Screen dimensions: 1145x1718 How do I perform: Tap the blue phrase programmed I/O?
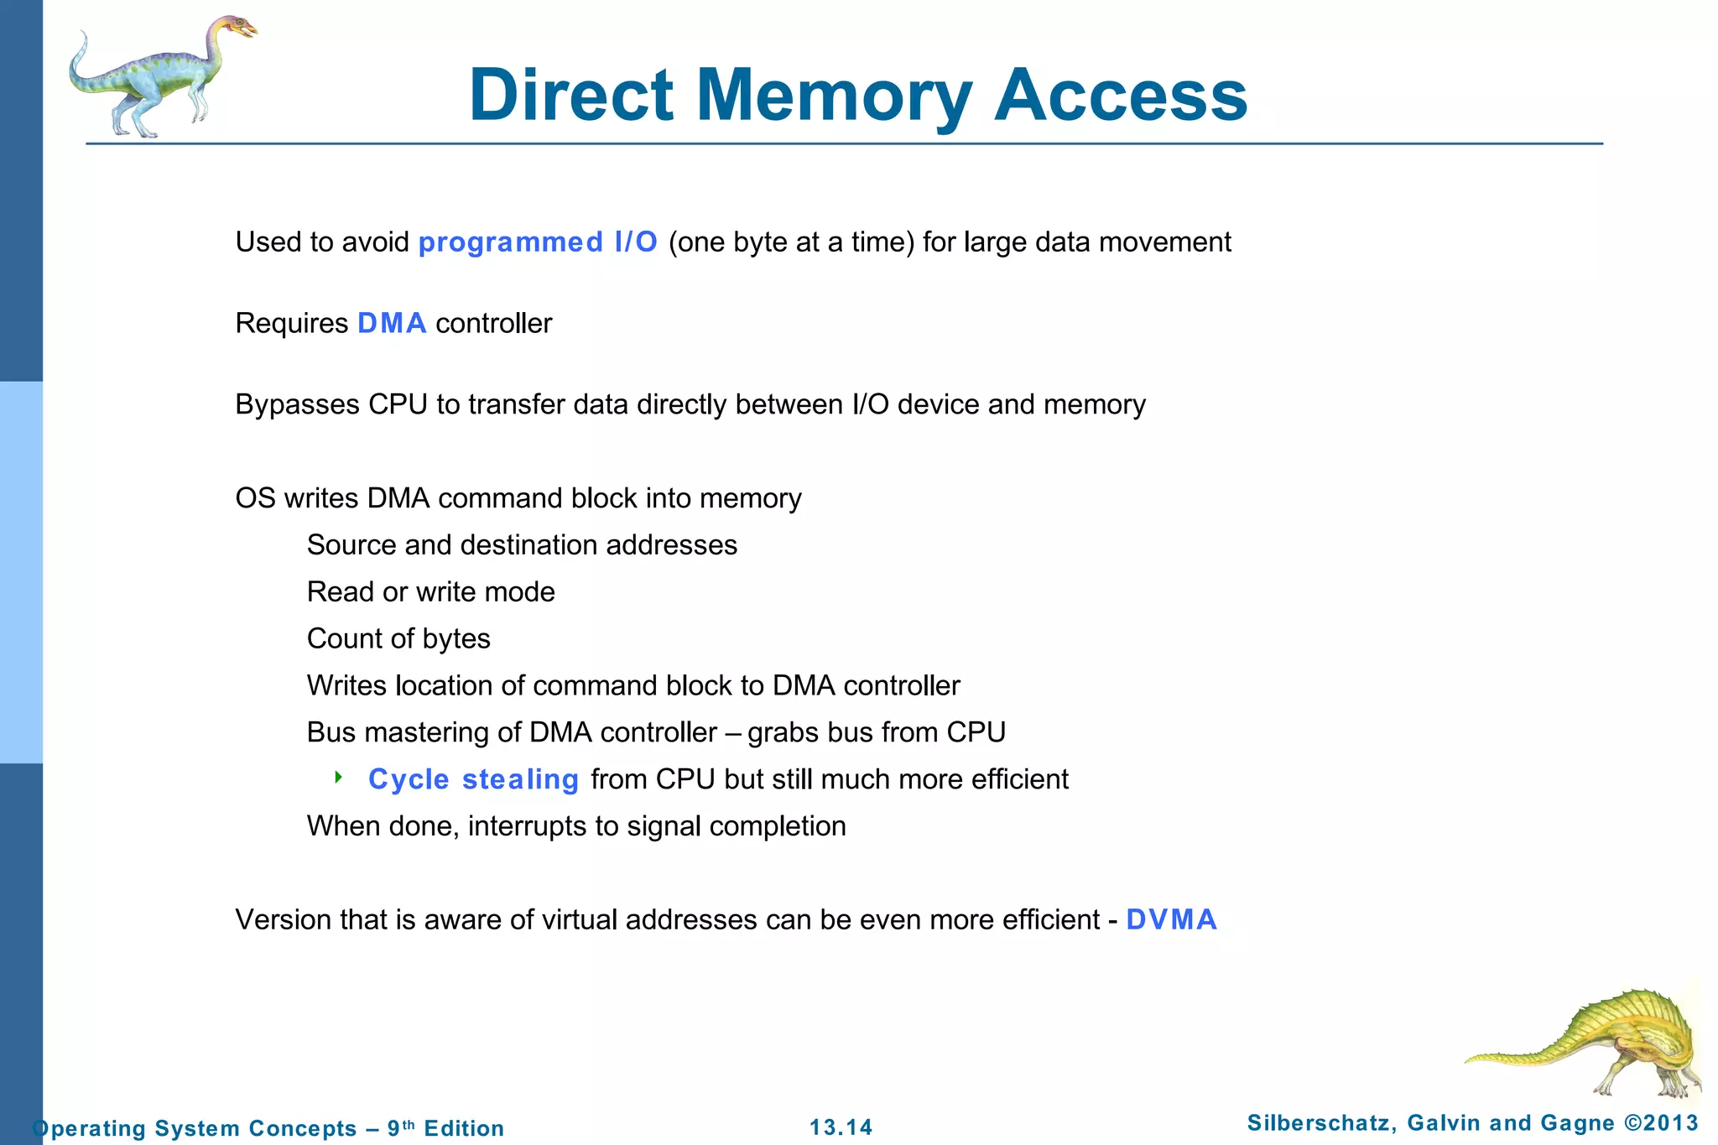(x=538, y=242)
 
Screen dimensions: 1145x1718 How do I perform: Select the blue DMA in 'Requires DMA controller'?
(x=392, y=324)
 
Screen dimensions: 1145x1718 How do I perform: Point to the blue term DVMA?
(x=1171, y=920)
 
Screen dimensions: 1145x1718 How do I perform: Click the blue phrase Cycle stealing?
(x=473, y=780)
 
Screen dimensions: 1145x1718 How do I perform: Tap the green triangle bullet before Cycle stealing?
(x=338, y=778)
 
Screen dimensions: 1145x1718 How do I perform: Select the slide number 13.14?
(x=841, y=1127)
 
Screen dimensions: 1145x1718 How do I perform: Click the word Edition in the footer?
(x=464, y=1128)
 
